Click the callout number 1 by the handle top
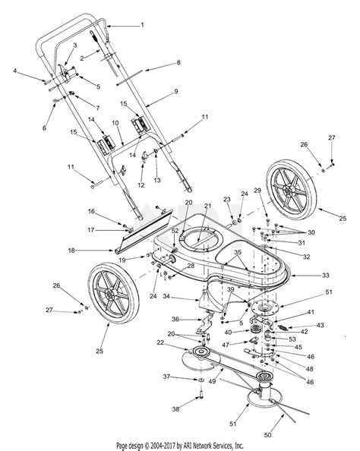[x=142, y=25]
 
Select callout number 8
[x=178, y=64]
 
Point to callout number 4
[x=15, y=71]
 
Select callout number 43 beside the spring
[x=320, y=325]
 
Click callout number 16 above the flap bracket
[x=91, y=210]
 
